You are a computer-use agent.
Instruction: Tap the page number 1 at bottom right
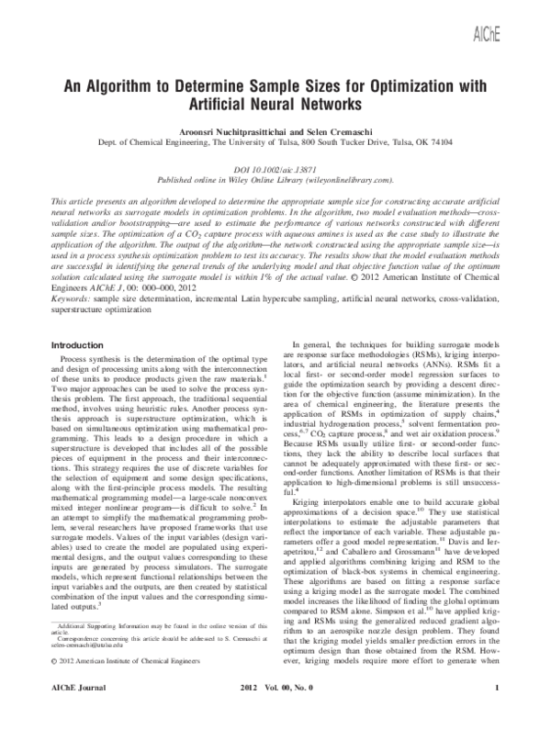[495, 712]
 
